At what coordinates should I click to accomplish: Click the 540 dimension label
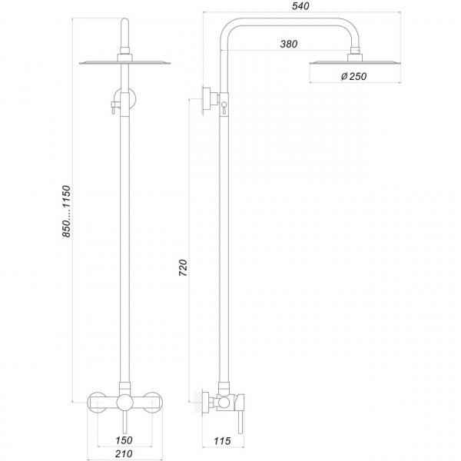pos(300,6)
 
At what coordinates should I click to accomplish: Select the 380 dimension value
pos(289,44)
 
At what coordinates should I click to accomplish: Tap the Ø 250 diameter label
pos(353,76)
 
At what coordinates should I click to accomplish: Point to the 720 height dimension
pos(183,267)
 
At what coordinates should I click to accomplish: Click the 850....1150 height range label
pos(66,211)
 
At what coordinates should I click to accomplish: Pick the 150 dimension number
pos(124,440)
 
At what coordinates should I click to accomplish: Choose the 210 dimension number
pos(124,454)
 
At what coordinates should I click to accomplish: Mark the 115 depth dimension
pos(222,441)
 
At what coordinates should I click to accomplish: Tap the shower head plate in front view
pos(125,63)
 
